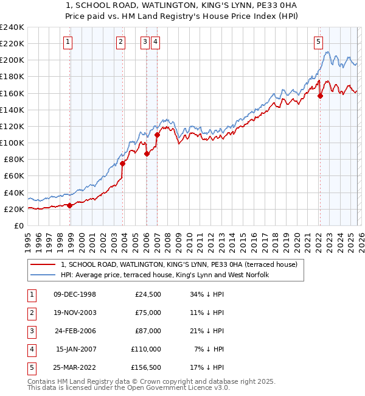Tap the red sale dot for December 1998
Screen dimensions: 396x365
70,205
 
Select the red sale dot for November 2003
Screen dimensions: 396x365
123,163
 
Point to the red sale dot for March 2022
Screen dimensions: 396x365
321,96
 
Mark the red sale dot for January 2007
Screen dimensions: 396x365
157,135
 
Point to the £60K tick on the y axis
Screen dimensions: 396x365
14,176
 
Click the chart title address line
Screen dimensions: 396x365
182,6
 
